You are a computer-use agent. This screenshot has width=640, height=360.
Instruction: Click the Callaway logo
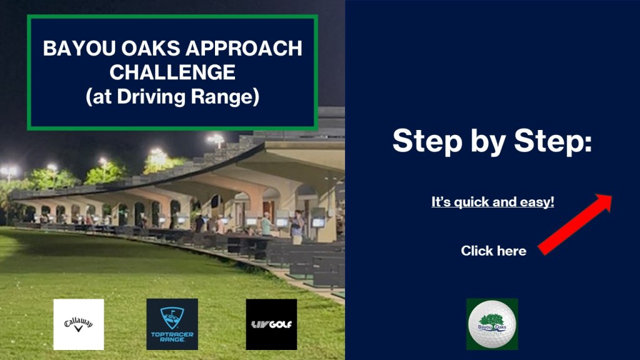pyautogui.click(x=78, y=324)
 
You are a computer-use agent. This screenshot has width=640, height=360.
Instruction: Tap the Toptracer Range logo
pyautogui.click(x=172, y=324)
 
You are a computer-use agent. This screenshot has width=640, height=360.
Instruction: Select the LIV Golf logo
pyautogui.click(x=271, y=324)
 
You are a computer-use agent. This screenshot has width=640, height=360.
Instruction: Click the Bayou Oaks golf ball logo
pyautogui.click(x=492, y=324)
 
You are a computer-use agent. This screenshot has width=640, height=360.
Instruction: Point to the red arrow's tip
pyautogui.click(x=611, y=196)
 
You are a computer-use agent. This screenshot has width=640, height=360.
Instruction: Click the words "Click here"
pyautogui.click(x=494, y=251)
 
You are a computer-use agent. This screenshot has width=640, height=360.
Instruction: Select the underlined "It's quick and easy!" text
pyautogui.click(x=492, y=202)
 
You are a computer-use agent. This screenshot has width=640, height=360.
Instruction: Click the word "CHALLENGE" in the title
pyautogui.click(x=172, y=72)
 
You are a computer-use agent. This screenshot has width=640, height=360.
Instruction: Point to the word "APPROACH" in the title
pyautogui.click(x=244, y=48)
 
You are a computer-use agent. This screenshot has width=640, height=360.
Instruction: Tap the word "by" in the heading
pyautogui.click(x=487, y=142)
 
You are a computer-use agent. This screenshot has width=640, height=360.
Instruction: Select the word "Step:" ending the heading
pyautogui.click(x=552, y=141)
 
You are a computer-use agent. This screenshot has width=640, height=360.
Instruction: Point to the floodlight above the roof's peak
pyautogui.click(x=216, y=139)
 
